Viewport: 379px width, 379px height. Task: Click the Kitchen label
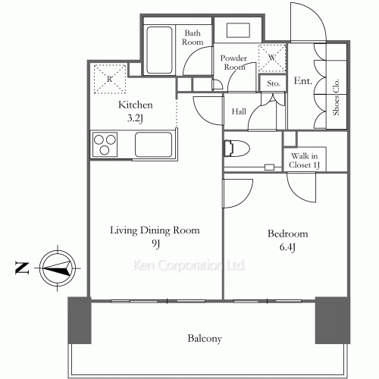(x=136, y=105)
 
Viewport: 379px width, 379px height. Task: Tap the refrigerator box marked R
(x=108, y=79)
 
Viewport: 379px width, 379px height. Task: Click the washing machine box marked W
(x=271, y=57)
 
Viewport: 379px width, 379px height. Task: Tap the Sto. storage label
(x=273, y=84)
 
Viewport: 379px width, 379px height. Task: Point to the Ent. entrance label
(x=303, y=81)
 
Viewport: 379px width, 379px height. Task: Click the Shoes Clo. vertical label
(x=334, y=96)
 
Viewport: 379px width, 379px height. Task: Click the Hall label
(x=238, y=112)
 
